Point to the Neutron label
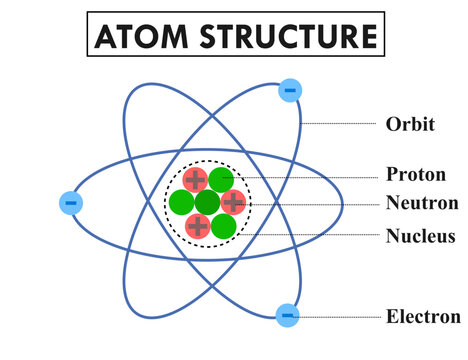(422, 203)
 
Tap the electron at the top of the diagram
(290, 90)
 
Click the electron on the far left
(71, 203)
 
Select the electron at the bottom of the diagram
(288, 315)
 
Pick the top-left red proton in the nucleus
(195, 180)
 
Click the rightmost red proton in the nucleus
(233, 203)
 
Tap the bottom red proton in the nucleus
(198, 226)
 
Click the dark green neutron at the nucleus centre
(207, 203)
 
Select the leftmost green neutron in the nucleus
(182, 203)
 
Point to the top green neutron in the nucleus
(221, 181)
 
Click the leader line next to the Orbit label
(339, 124)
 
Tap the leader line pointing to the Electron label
(340, 317)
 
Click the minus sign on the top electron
(290, 90)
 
